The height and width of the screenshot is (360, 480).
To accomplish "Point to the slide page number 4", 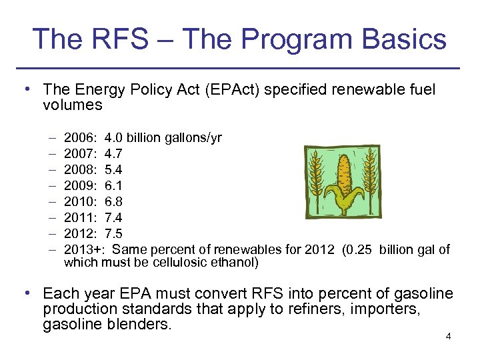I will click(449, 336).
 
